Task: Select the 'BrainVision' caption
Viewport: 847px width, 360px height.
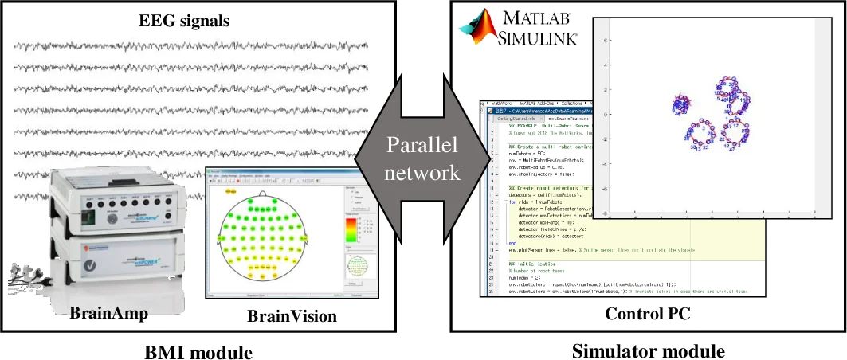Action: pyautogui.click(x=292, y=316)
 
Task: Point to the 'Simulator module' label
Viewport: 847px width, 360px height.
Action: pyautogui.click(x=649, y=350)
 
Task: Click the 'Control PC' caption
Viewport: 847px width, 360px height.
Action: pyautogui.click(x=648, y=314)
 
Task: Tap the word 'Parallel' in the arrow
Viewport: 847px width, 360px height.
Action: pyautogui.click(x=422, y=147)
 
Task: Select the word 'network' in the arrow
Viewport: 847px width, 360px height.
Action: pyautogui.click(x=422, y=172)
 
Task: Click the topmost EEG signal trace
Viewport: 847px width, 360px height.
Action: pyautogui.click(x=191, y=45)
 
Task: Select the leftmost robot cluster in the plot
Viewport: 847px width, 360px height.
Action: pyautogui.click(x=682, y=104)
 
